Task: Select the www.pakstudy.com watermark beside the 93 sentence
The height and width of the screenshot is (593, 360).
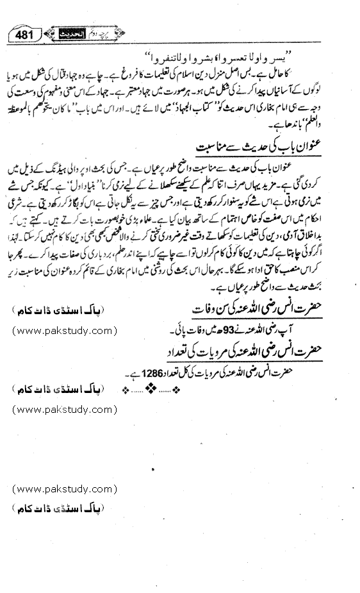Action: click(63, 331)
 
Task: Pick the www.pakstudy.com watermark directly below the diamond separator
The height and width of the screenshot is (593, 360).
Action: click(63, 408)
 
